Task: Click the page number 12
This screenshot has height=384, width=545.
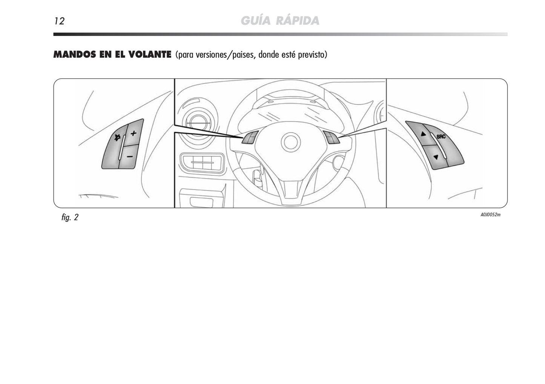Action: coord(59,21)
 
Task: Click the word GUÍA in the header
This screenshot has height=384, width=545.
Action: coord(255,20)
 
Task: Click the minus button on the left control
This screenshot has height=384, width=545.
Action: coord(129,156)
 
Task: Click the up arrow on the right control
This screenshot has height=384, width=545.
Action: coord(423,134)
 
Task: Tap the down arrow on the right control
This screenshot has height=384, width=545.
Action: coord(436,157)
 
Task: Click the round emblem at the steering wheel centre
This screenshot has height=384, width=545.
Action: coord(291,142)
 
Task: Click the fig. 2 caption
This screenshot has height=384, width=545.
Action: coord(70,217)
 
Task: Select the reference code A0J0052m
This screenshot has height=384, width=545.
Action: coord(490,215)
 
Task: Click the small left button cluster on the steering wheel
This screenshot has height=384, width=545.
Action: coord(250,138)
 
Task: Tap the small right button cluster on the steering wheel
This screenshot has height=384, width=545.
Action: coord(331,137)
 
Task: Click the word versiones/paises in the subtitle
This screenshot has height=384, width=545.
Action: coord(226,55)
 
